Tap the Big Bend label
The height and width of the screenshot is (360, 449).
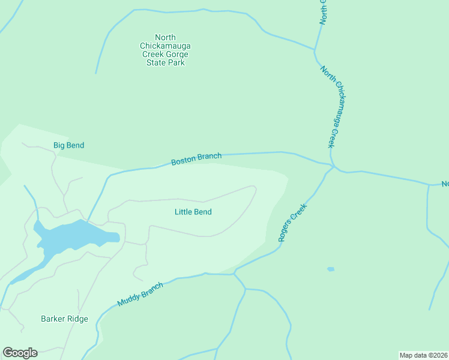click(x=68, y=145)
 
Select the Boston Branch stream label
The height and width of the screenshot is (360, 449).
click(x=196, y=159)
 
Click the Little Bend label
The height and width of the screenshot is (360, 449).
click(x=193, y=212)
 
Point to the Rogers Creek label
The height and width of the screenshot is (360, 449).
click(x=292, y=223)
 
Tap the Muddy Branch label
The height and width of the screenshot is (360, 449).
click(x=140, y=295)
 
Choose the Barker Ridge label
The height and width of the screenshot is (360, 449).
click(x=64, y=319)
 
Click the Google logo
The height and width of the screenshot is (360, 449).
click(x=20, y=353)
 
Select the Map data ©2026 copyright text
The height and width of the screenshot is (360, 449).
click(x=424, y=355)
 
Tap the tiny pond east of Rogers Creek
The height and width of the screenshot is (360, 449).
click(x=331, y=269)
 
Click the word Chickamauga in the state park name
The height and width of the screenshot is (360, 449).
click(x=166, y=46)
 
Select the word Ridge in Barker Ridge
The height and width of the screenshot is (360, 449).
click(x=77, y=319)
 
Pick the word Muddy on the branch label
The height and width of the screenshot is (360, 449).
click(x=129, y=299)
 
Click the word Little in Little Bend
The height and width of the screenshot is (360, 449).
click(x=183, y=212)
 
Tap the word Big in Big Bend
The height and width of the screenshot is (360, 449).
click(x=59, y=145)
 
